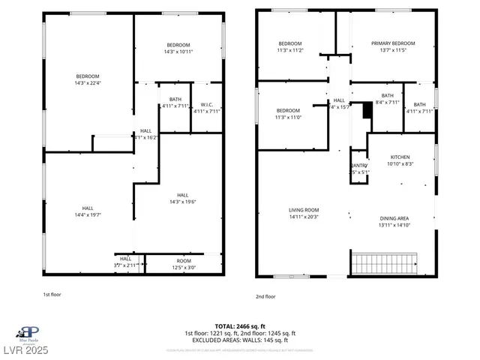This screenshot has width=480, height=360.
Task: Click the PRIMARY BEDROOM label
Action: tap(392, 43)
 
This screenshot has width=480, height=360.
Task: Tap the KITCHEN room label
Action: tap(400, 157)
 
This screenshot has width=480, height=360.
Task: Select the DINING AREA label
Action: tap(393, 218)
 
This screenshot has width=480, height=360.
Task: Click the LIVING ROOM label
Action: tap(304, 210)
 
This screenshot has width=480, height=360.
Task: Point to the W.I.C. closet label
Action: tap(207, 104)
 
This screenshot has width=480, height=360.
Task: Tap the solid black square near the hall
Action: tap(367, 110)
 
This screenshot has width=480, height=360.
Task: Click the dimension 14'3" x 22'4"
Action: tap(87, 83)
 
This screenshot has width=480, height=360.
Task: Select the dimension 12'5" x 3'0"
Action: tap(184, 268)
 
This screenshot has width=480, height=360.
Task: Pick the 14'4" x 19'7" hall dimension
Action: tap(88, 215)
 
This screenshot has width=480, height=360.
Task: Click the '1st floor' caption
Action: tap(51, 295)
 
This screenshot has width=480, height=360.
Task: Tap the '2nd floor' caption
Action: tap(265, 296)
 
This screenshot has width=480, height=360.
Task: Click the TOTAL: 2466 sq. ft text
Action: tap(240, 326)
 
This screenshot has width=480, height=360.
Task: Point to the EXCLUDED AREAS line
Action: tap(240, 339)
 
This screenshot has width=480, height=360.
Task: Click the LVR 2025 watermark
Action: tap(26, 351)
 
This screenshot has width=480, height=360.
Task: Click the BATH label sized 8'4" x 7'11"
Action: tap(387, 95)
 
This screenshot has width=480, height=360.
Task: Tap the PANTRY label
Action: tap(358, 166)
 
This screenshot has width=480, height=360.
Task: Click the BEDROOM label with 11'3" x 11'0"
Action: tap(288, 110)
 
